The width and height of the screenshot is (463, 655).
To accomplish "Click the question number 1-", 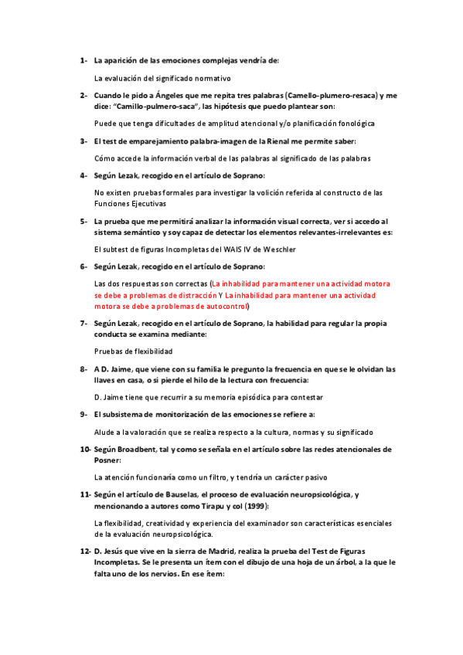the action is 83,59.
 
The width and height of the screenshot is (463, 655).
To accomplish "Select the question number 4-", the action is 83,175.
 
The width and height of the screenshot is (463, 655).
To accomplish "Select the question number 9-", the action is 83,414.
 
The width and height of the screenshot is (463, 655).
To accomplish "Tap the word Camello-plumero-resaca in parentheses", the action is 334,95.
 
